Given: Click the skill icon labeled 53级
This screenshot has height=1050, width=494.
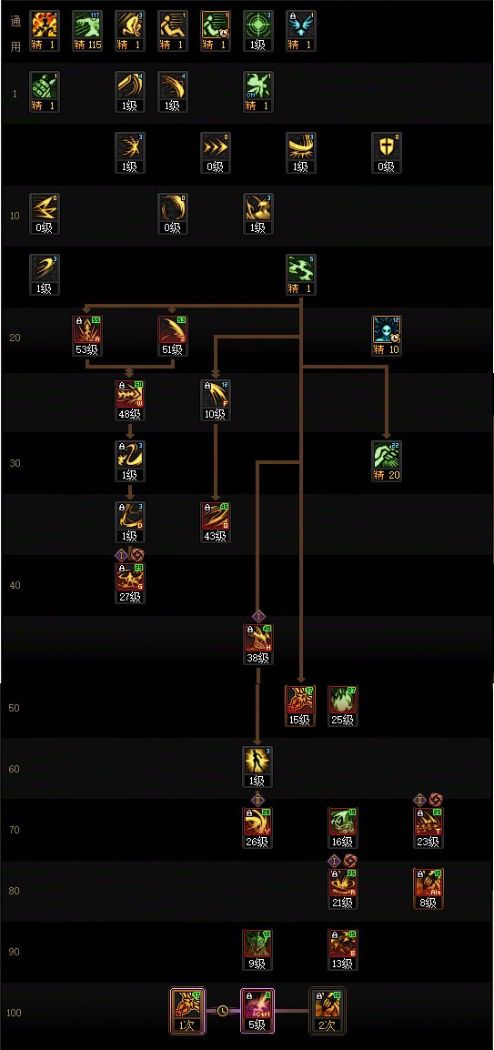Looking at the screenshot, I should point(86,328).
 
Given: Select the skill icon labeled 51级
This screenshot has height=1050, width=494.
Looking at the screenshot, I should point(172,328).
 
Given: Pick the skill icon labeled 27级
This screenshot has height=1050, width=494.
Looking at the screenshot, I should point(129,576).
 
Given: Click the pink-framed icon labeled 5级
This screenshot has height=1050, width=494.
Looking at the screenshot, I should point(257,1006).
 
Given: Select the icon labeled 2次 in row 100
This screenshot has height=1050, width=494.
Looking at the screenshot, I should point(327,1006).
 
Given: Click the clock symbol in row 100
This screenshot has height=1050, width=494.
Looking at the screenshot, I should point(223,1009).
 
